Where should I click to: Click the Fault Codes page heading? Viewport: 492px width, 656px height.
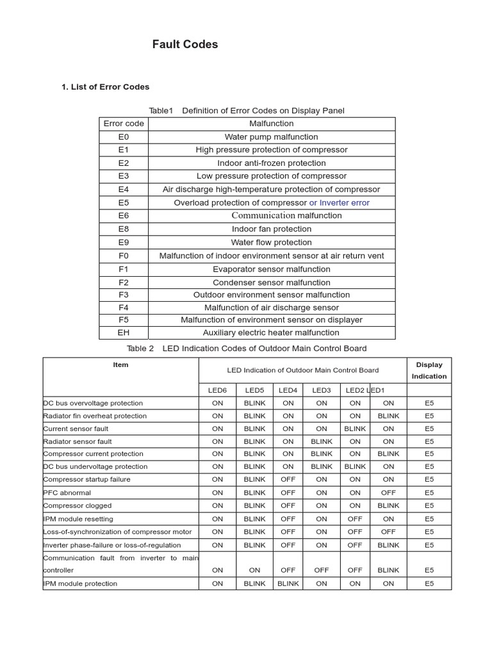point(184,44)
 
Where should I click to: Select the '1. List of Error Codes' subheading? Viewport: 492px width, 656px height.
point(105,86)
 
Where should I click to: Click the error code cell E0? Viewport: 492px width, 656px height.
point(124,136)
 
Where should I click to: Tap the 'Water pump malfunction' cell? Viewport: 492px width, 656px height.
point(271,136)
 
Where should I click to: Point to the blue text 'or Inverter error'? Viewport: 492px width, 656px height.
point(339,202)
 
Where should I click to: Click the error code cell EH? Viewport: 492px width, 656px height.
point(124,332)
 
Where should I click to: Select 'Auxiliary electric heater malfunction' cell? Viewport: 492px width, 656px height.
point(271,332)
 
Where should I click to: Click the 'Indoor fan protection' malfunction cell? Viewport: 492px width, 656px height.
point(271,229)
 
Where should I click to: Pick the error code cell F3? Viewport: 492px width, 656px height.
point(124,295)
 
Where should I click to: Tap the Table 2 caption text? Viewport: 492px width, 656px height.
point(247,348)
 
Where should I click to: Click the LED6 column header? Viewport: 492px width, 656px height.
point(217,389)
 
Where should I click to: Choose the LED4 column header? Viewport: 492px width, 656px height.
point(288,389)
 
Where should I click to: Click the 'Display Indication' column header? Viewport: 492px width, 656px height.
point(429,370)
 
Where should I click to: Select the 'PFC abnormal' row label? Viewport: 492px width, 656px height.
point(67,493)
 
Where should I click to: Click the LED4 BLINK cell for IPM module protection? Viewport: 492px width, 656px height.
point(288,584)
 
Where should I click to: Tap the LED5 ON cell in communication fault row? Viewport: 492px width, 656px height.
point(254,570)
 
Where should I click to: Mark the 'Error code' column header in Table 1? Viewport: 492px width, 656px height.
point(124,124)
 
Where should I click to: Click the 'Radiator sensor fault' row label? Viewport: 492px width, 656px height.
point(78,441)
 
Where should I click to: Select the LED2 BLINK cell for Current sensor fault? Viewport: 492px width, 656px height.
point(355,429)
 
